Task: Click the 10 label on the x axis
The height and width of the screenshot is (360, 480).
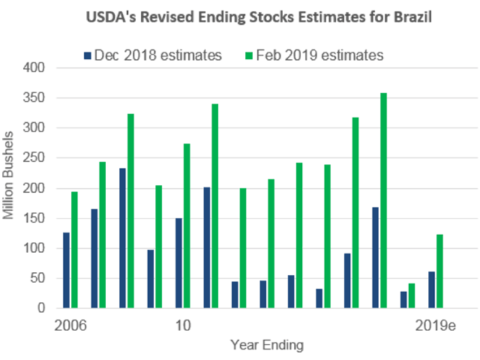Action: pos(182,327)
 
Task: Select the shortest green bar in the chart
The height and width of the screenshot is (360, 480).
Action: pos(411,295)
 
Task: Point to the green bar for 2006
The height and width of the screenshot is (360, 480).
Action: pos(74,250)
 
